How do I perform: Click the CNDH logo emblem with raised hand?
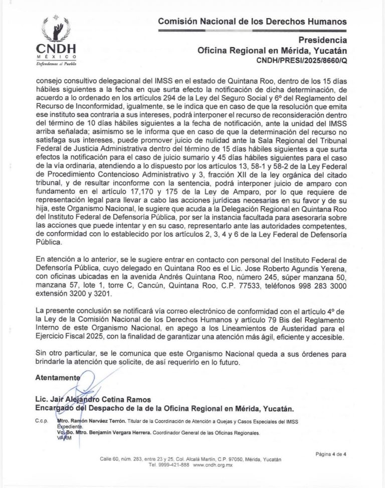(x=56, y=29)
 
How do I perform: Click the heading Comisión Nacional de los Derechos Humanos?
(x=252, y=22)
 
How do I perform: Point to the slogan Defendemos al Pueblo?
(x=56, y=64)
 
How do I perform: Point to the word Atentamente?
(x=58, y=377)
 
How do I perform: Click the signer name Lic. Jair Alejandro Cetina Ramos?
(x=93, y=399)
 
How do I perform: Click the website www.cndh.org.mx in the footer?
(x=213, y=465)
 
